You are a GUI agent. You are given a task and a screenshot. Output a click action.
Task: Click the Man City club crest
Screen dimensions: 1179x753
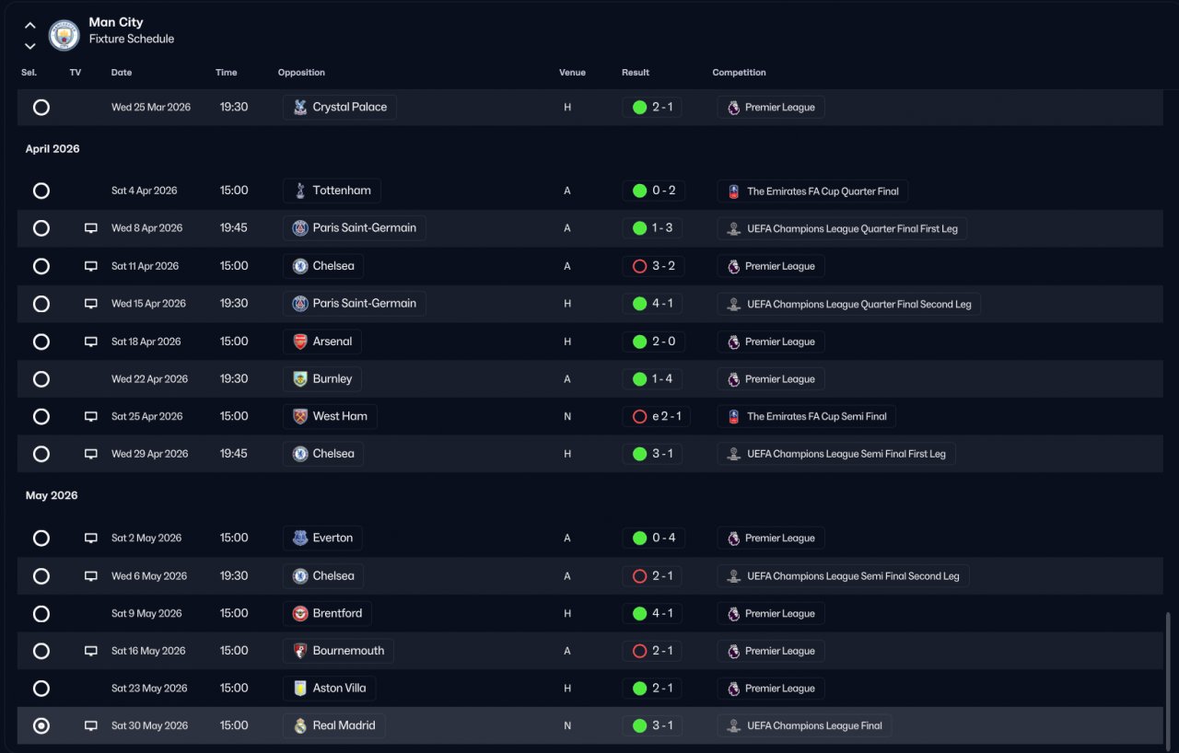(64, 35)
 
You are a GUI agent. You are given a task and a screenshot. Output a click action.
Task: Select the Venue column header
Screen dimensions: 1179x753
(572, 73)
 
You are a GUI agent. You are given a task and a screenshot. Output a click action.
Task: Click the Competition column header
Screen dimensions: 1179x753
(739, 73)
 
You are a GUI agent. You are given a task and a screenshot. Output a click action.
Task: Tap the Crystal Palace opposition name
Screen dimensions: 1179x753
(349, 107)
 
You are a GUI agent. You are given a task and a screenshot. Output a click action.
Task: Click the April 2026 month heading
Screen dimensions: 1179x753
(53, 149)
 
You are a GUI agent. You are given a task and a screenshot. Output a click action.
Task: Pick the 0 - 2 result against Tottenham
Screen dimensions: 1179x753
(664, 191)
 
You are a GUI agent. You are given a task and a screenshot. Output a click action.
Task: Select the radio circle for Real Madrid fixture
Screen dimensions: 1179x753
(41, 725)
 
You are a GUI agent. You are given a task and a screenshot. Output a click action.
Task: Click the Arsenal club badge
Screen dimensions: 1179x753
(300, 342)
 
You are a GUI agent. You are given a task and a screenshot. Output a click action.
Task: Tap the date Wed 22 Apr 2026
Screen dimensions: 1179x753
(149, 379)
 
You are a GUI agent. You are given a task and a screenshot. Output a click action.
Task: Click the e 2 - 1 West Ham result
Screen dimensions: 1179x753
(666, 416)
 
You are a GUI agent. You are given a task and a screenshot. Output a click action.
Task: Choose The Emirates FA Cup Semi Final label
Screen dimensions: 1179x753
(817, 416)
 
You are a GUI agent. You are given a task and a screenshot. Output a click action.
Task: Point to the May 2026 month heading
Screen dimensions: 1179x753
(52, 495)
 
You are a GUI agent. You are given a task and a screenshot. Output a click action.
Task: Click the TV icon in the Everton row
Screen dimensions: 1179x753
(91, 538)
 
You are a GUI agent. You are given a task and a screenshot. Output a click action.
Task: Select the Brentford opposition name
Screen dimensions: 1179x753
(337, 613)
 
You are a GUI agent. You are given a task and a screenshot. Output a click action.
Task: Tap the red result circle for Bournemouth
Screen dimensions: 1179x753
(639, 651)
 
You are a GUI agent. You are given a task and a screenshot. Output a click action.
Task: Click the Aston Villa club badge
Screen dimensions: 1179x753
(300, 689)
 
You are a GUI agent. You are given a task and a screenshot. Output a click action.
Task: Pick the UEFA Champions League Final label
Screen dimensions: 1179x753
(815, 725)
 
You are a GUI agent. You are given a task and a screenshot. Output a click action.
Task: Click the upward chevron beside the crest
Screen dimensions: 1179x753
(30, 25)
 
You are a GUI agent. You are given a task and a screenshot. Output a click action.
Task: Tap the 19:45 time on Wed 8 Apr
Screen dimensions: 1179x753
(234, 227)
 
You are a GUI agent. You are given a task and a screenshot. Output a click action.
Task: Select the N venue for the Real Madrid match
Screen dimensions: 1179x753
(567, 725)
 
